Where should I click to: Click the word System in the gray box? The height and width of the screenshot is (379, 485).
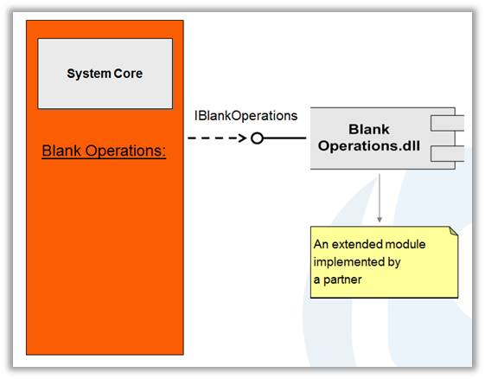tap(88, 74)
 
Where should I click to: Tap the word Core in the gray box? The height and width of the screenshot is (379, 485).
tap(127, 74)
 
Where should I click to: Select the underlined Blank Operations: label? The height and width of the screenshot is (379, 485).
tap(103, 151)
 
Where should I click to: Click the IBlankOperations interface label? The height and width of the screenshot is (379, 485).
tap(246, 115)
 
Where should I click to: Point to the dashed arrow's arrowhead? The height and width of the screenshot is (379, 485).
tap(245, 138)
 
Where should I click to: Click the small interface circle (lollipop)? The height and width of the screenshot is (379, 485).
tap(257, 138)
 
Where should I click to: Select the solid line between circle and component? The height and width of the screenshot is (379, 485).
tap(285, 138)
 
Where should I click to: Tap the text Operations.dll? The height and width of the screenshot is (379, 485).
tap(369, 145)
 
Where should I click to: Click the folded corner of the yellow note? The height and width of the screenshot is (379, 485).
tap(452, 232)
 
